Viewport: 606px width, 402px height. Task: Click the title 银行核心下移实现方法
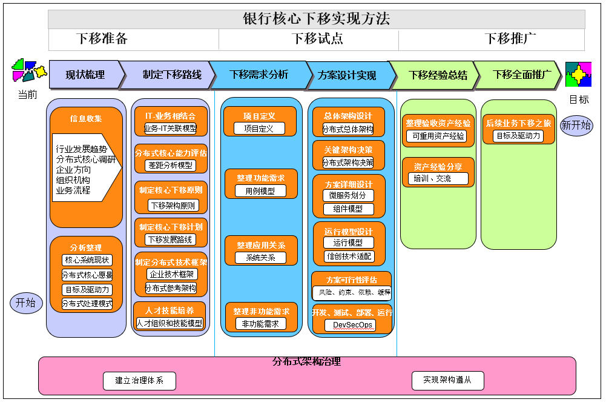pos(316,19)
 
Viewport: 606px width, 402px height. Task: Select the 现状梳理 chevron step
pos(85,75)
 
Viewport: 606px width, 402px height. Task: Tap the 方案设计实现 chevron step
pos(347,75)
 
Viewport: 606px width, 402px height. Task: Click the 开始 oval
pos(25,303)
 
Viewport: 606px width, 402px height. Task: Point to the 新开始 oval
pos(576,126)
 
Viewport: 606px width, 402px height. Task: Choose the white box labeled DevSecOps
pos(350,325)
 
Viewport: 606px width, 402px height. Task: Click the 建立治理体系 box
pos(139,381)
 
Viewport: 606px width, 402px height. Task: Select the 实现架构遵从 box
pos(447,380)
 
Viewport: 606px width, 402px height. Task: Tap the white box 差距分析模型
pos(171,165)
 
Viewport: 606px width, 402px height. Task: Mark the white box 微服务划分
pos(348,195)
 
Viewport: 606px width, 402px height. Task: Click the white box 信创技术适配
pos(349,256)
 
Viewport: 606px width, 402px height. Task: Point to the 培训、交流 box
pos(438,178)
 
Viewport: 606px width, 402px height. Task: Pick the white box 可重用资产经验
pos(438,136)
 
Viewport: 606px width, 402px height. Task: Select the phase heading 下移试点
pos(317,39)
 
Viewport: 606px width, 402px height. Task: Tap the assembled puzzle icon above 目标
pos(578,75)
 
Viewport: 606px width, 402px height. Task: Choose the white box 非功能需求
pos(260,324)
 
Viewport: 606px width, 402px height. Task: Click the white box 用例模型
pos(260,190)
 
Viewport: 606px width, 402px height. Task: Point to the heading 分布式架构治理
pos(306,362)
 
